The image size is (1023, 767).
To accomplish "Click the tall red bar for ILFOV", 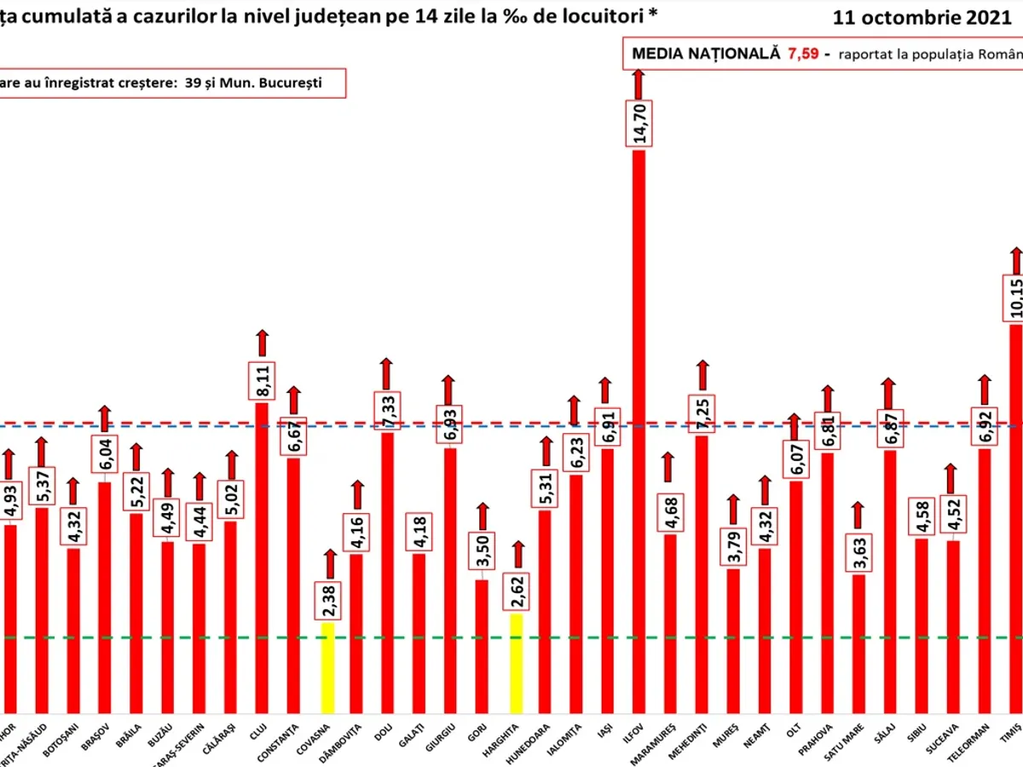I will pyautogui.click(x=639, y=426).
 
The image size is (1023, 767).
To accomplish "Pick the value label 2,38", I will pyautogui.click(x=327, y=600).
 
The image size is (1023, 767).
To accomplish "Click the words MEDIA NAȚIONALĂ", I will pyautogui.click(x=706, y=54).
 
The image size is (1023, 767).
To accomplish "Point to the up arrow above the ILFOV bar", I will pyautogui.click(x=639, y=83).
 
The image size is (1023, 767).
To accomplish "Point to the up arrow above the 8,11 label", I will pyautogui.click(x=263, y=343).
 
